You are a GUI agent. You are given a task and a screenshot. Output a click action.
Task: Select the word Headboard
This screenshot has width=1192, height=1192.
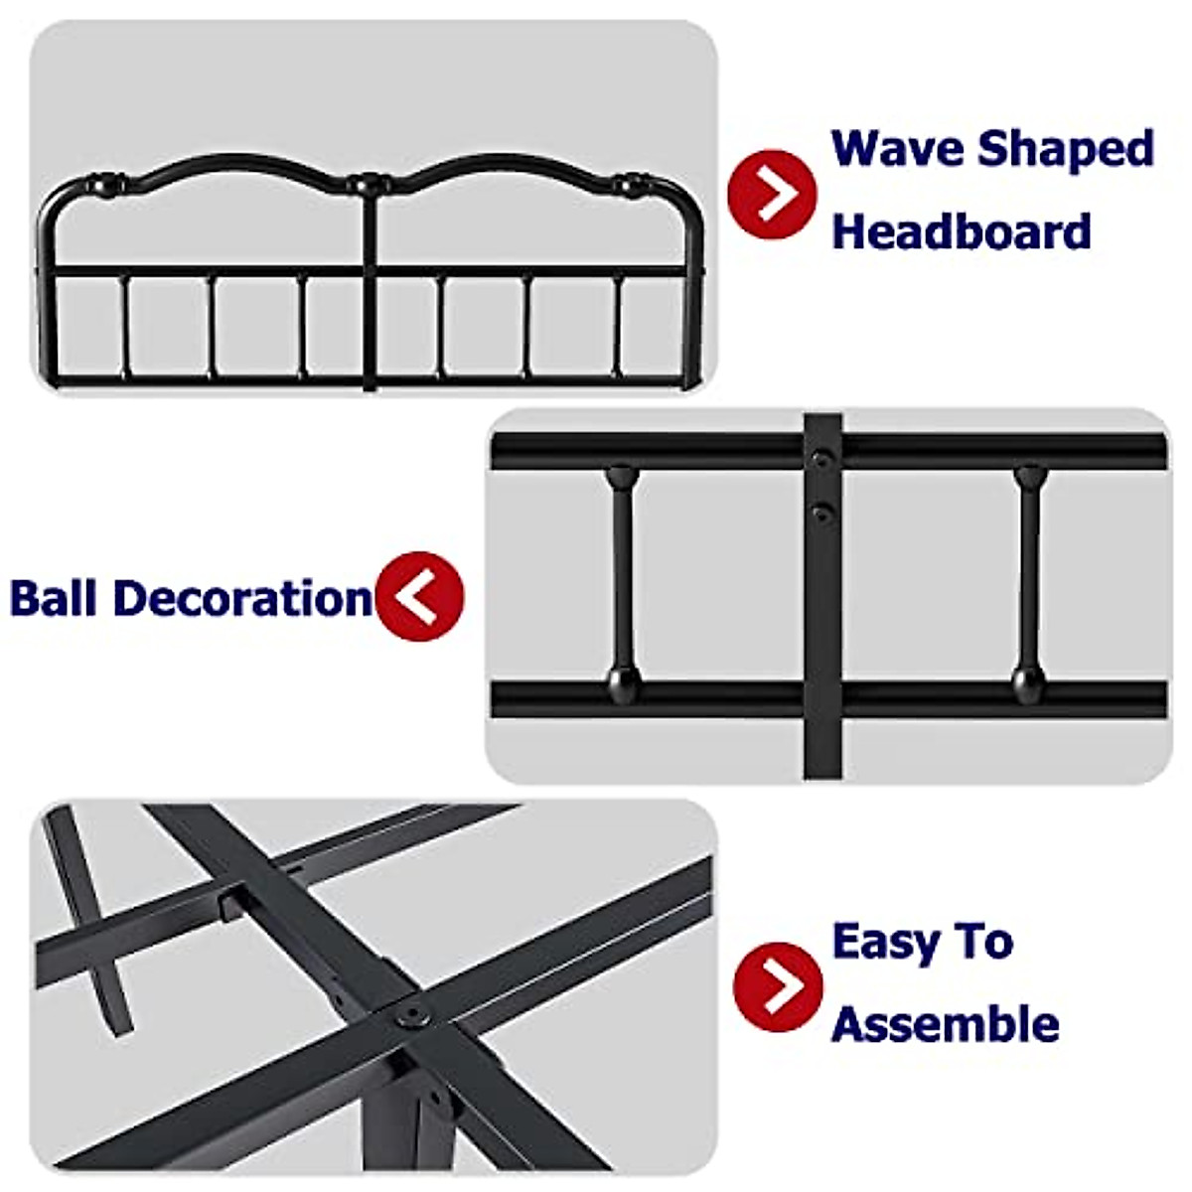pos(961,231)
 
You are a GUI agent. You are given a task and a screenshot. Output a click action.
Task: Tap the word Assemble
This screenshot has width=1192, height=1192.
pos(945,1024)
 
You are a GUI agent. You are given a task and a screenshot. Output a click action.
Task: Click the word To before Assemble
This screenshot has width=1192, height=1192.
pos(978,941)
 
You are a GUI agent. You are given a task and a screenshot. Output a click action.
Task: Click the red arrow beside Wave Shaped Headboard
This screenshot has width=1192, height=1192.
pos(772,194)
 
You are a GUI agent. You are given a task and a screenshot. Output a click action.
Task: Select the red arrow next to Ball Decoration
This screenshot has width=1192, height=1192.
pos(420,596)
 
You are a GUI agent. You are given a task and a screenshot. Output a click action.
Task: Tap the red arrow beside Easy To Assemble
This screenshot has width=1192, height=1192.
pos(778,986)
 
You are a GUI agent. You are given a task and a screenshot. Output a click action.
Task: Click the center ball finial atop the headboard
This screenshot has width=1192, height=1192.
pos(368,184)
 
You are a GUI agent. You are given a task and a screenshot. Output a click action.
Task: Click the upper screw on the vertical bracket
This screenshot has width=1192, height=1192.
pos(820,459)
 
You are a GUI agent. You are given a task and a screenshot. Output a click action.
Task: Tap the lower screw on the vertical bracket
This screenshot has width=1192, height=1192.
pos(820,513)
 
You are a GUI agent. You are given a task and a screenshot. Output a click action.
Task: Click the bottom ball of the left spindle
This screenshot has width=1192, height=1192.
pos(622,680)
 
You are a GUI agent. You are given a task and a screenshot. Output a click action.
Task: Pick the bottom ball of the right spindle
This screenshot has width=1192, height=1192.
pos(1028,680)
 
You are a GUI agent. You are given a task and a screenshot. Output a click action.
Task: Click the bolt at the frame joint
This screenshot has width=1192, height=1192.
pos(409,1016)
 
